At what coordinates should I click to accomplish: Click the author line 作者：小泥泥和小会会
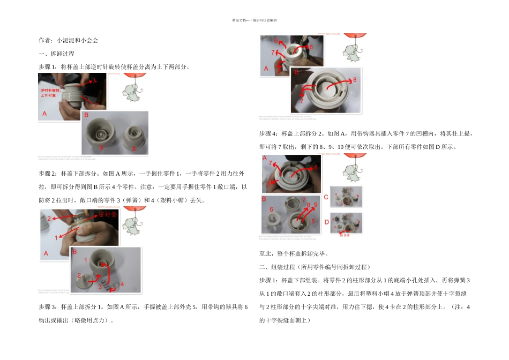pos(69,40)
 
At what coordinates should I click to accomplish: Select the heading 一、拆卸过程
pos(56,54)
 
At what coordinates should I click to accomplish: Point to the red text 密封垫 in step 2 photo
pos(108,215)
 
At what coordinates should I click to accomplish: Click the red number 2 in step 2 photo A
pos(49,219)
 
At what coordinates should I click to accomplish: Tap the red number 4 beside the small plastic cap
pos(122,284)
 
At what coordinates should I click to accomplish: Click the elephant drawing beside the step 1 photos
pos(130,92)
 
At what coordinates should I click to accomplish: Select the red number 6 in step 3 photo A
pos(275,41)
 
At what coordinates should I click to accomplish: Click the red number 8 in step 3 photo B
pos(354,80)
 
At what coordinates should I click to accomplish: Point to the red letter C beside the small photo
pos(326,197)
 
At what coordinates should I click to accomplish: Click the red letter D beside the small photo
pos(326,222)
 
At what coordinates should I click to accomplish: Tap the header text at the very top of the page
pos(254,20)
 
